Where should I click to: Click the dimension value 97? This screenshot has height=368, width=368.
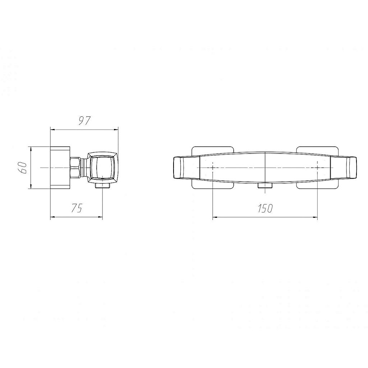click(x=84, y=121)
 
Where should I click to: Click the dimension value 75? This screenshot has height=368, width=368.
click(x=77, y=208)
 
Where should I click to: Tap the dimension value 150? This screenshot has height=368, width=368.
click(x=265, y=208)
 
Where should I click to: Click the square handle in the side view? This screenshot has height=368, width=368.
click(x=103, y=167)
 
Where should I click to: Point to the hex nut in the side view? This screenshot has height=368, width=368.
click(x=75, y=167)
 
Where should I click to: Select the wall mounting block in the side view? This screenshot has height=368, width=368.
click(x=60, y=167)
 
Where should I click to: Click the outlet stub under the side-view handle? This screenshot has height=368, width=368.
click(x=102, y=185)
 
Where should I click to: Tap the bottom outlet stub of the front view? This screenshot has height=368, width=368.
click(x=265, y=186)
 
